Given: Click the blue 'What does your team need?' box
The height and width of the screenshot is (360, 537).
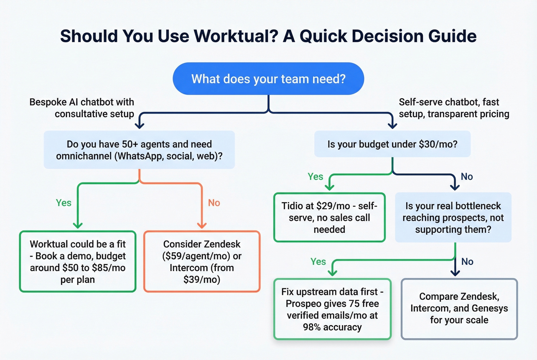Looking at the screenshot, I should pyautogui.click(x=268, y=79).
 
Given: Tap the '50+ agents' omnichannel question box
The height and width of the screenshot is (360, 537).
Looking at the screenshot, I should pyautogui.click(x=139, y=150).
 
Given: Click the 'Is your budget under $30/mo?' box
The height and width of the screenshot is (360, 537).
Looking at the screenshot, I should pyautogui.click(x=392, y=144).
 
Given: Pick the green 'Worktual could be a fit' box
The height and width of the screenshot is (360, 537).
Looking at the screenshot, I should pyautogui.click(x=78, y=261).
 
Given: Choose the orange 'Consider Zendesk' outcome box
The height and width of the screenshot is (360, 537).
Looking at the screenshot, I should pyautogui.click(x=202, y=261).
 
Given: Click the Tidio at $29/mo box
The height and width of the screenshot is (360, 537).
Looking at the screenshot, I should pyautogui.click(x=329, y=217).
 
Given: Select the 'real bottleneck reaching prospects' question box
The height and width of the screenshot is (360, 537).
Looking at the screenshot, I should pyautogui.click(x=453, y=217).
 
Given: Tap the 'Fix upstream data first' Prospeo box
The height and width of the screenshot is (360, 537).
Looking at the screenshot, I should pyautogui.click(x=332, y=309).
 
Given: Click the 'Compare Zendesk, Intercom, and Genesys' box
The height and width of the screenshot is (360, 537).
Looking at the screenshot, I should pyautogui.click(x=459, y=308).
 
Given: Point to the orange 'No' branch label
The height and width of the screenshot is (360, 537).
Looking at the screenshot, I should pyautogui.click(x=214, y=203).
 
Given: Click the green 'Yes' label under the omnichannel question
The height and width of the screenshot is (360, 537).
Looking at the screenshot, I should pyautogui.click(x=64, y=203).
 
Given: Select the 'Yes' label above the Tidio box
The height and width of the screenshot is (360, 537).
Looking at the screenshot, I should pyautogui.click(x=315, y=176).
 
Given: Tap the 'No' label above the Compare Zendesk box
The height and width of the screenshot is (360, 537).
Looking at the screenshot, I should pyautogui.click(x=467, y=261).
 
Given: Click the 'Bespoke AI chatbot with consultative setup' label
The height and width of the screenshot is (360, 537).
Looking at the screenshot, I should pyautogui.click(x=82, y=108).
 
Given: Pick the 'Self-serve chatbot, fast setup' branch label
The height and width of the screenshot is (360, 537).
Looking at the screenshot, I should pyautogui.click(x=454, y=108).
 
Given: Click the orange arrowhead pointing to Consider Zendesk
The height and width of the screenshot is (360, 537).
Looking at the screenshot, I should pyautogui.click(x=202, y=225).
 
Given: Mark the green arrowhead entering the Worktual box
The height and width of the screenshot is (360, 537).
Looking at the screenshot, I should pyautogui.click(x=78, y=225).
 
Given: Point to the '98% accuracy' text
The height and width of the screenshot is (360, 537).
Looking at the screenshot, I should pyautogui.click(x=332, y=327).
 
